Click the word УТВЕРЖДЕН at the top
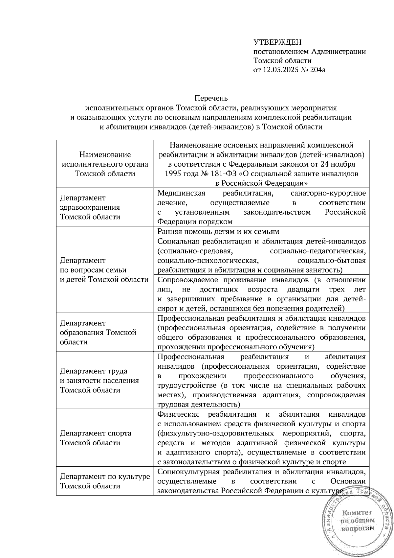click(277, 42)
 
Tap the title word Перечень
click(211, 98)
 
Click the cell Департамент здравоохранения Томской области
click(90, 207)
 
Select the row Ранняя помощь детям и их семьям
click(218, 231)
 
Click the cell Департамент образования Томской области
click(98, 333)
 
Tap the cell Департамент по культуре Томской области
click(105, 481)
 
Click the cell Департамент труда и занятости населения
click(99, 381)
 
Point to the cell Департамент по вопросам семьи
click(104, 270)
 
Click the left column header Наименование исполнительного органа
click(105, 164)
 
